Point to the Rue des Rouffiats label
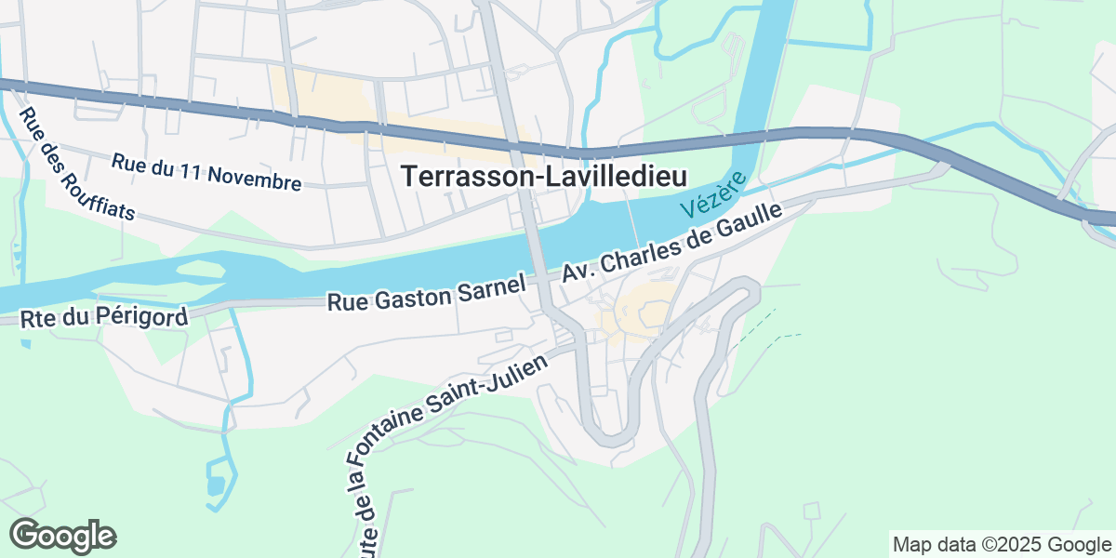pyautogui.click(x=77, y=165)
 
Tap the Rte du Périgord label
pyautogui.click(x=104, y=317)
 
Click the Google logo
pyautogui.click(x=62, y=537)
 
